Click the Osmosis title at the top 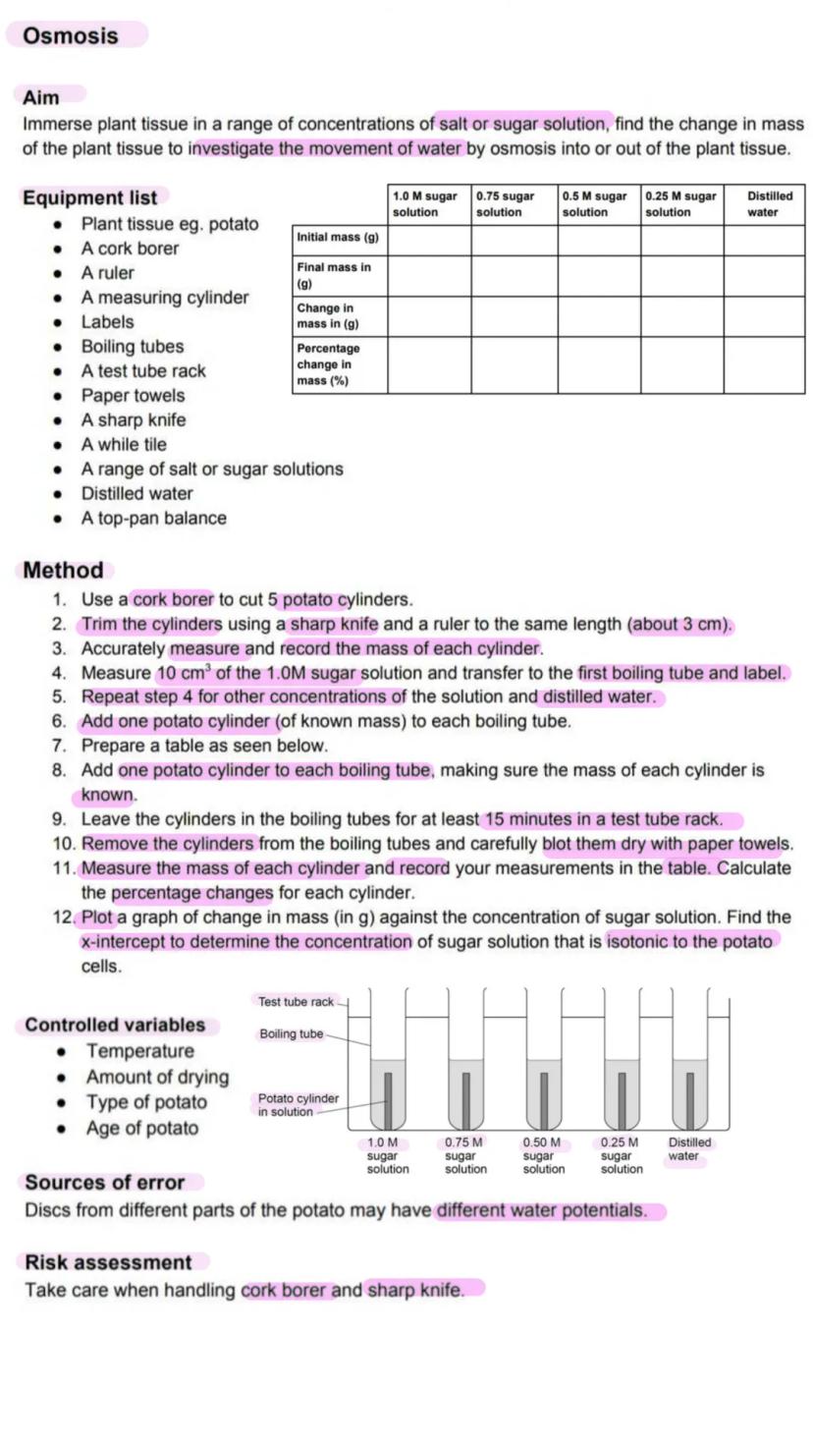click(71, 35)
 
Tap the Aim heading click(41, 97)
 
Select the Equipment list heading click(89, 197)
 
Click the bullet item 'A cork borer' click(130, 249)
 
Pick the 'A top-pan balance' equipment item click(153, 518)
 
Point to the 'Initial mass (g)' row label click(338, 238)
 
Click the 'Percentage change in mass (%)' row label click(329, 364)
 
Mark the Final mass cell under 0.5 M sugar click(599, 276)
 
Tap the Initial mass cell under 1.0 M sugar click(429, 241)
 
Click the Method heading click(63, 571)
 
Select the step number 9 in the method click(60, 819)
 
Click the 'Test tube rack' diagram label click(297, 1002)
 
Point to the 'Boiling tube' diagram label click(292, 1034)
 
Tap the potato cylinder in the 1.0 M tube click(388, 1099)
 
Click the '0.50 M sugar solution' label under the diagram click(543, 1156)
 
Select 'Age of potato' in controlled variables click(141, 1129)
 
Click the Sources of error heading click(105, 1183)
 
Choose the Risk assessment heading click(108, 1262)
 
